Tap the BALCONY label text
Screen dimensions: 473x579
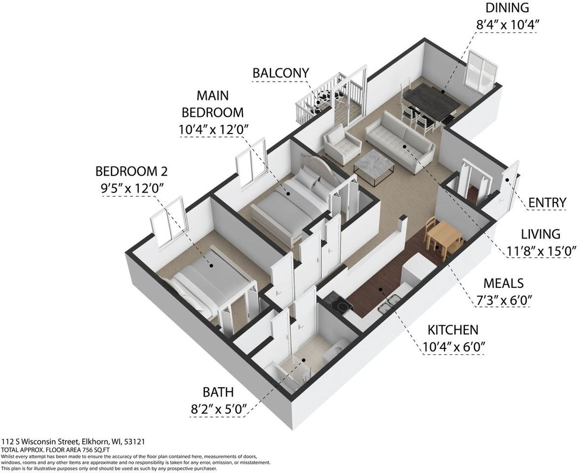click(x=281, y=73)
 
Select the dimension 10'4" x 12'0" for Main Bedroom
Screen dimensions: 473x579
click(x=213, y=130)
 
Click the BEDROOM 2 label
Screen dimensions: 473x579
click(x=131, y=171)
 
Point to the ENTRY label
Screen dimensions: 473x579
click(x=547, y=203)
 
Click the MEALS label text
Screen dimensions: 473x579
click(x=503, y=283)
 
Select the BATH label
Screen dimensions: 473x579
click(x=218, y=392)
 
